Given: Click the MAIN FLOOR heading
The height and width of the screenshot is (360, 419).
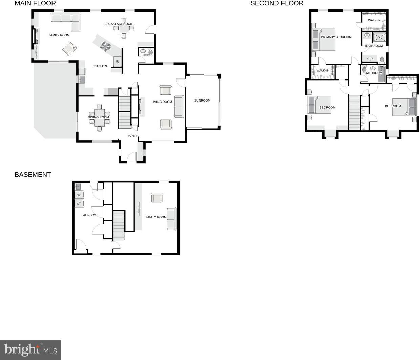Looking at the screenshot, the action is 35,3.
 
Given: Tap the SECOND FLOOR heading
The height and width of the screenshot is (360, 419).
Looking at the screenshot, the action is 277,3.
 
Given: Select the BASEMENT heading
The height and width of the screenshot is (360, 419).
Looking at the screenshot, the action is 33,175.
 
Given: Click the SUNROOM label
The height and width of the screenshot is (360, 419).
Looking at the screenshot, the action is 202,100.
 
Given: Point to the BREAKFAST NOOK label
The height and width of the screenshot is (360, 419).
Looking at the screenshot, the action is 118,24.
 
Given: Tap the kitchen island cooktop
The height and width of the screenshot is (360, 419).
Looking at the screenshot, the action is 106,47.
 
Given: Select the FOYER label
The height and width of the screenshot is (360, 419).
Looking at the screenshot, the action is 132,136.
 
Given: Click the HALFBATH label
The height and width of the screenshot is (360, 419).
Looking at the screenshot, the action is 146,55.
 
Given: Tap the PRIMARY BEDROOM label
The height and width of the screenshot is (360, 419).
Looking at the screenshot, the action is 336,37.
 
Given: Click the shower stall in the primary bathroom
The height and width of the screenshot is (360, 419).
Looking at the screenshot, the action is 379,38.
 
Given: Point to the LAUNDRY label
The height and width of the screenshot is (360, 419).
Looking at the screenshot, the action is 89,215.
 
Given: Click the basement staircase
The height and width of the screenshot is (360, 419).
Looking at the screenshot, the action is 119,225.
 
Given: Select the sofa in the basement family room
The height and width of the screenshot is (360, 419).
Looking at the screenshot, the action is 172,219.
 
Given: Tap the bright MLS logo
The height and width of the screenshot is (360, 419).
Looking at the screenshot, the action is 30,350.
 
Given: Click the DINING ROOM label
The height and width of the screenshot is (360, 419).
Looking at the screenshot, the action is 98,117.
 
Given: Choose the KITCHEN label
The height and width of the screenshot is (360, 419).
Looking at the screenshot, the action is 100,66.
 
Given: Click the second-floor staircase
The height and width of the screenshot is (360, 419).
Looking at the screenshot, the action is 354,112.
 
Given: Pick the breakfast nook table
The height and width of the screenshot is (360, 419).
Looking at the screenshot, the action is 124,28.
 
